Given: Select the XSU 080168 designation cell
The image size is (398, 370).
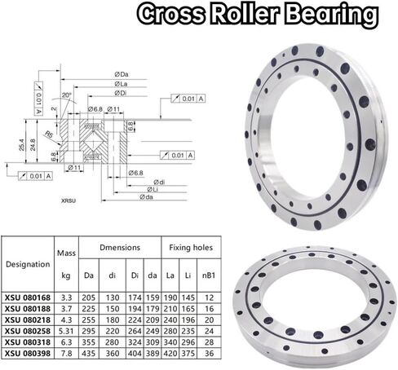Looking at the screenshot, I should [x=26, y=300].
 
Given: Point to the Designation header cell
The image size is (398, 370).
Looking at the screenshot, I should [x=26, y=264].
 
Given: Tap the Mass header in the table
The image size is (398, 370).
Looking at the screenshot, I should [x=66, y=253].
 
